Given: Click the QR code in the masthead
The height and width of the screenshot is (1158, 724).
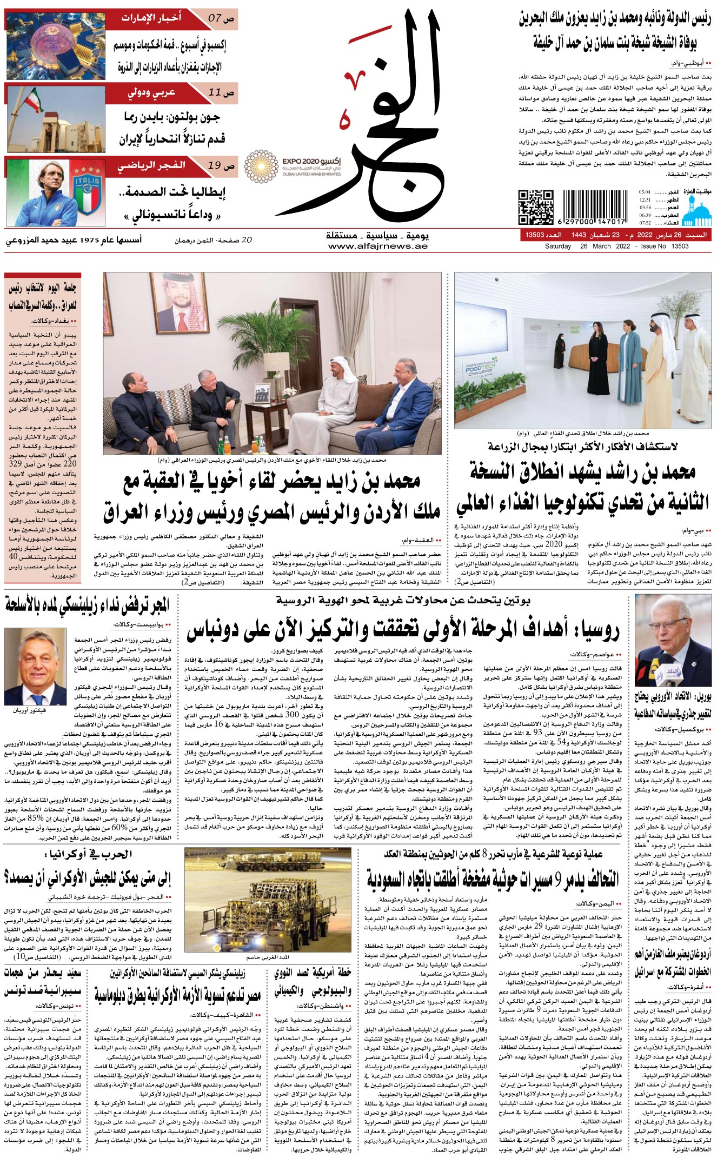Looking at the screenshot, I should coord(536,207).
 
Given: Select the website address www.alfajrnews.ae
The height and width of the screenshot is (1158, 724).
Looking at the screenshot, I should coord(377,247).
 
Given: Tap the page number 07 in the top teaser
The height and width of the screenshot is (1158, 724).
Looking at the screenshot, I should coord(215,18).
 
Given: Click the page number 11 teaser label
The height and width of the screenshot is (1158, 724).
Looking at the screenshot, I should coord(215,92).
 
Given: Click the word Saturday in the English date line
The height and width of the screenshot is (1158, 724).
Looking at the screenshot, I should coord(558,247).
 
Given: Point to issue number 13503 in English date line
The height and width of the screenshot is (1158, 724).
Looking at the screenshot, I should coord(680,247).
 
